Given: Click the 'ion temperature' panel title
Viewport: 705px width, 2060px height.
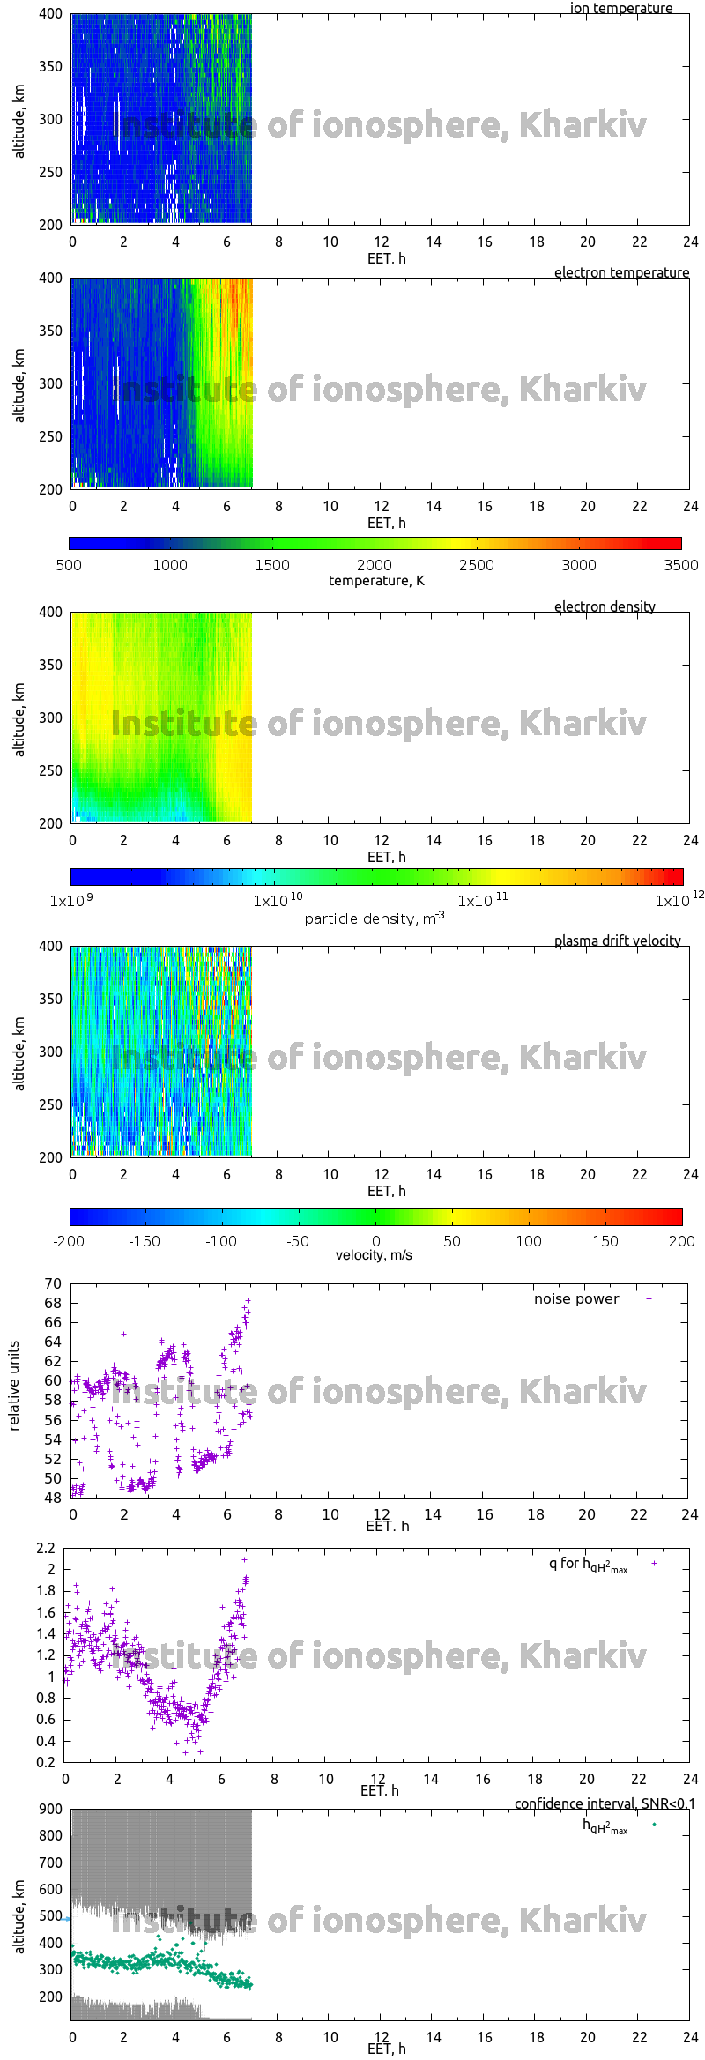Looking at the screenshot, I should click(x=620, y=9).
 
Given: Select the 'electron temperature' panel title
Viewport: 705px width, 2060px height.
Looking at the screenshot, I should click(x=621, y=273).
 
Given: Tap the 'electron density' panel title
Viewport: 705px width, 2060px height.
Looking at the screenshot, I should click(x=605, y=607).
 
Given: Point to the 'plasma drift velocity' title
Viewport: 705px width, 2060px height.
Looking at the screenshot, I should click(x=617, y=941).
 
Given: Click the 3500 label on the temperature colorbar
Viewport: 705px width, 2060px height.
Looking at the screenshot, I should click(x=680, y=566).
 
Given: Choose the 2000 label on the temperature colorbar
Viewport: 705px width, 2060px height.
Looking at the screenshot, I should click(x=375, y=566).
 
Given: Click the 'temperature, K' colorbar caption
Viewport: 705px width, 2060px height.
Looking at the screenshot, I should click(x=376, y=581).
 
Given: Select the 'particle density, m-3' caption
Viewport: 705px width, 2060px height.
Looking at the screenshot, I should click(x=375, y=918).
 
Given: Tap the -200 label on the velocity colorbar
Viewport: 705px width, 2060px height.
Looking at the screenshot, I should click(x=69, y=1241).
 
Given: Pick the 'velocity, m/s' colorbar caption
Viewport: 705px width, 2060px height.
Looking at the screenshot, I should click(x=374, y=1255).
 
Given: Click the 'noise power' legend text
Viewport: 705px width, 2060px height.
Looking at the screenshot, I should click(x=576, y=1299).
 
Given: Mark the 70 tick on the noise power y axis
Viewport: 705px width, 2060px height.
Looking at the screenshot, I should click(x=53, y=1284).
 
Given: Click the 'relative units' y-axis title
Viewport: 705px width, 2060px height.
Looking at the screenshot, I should click(x=14, y=1387).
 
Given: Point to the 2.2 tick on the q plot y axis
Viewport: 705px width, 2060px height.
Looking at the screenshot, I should click(x=46, y=1549).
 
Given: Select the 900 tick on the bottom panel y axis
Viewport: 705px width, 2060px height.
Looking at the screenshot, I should click(x=51, y=1810).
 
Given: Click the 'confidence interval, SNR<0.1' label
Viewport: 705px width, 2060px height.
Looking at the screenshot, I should click(x=605, y=1804).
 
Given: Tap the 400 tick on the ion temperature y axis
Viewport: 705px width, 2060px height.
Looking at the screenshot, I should click(x=51, y=14).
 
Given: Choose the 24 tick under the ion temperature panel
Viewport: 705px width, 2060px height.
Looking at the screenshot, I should click(x=690, y=242).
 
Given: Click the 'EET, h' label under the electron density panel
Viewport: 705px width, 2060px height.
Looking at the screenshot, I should click(x=387, y=858).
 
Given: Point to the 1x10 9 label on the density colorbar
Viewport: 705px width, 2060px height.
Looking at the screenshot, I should click(x=72, y=901).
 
